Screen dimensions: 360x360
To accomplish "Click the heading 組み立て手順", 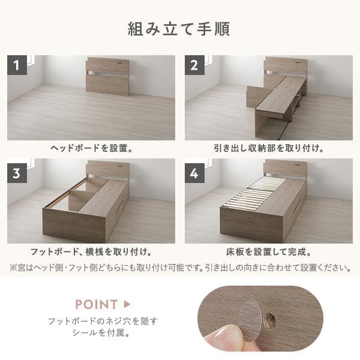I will point(179,29).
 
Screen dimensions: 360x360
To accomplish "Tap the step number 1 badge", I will point(17,65).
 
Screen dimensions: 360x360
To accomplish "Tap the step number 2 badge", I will point(194,65).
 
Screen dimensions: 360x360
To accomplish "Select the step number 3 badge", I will point(17,174).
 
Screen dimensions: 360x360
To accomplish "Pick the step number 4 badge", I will point(194,174).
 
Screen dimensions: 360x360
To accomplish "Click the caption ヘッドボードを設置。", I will point(91,148).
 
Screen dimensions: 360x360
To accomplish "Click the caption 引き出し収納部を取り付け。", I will point(268,148).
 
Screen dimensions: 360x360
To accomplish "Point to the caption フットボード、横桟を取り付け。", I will point(91,252).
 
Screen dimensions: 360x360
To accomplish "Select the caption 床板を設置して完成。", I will point(268,252).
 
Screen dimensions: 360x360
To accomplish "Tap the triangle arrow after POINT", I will point(127,304).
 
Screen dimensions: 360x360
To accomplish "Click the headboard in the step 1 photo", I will point(107,76).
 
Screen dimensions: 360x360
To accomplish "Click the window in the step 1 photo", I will point(29,60).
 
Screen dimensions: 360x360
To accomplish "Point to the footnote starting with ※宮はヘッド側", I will point(180,268).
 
